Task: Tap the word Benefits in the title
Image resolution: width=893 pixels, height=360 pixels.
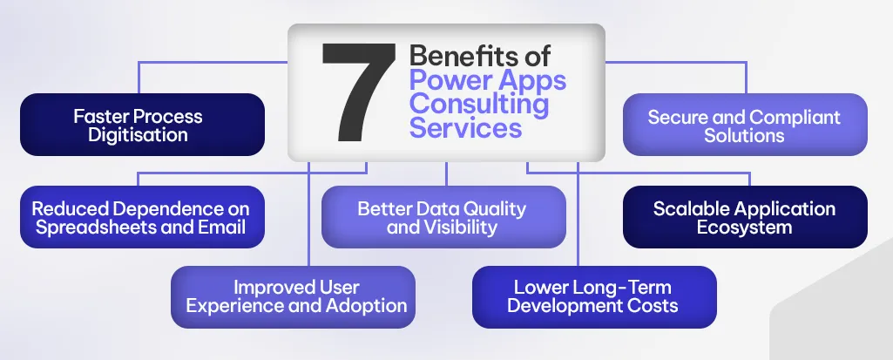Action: (456, 58)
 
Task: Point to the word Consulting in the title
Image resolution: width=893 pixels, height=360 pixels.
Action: (478, 105)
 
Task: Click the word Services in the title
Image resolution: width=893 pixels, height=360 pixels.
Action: (465, 128)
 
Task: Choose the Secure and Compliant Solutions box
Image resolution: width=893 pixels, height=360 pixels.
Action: (744, 126)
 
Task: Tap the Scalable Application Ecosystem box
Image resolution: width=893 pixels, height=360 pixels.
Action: (744, 217)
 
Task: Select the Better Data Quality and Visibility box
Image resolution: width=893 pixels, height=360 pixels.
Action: (443, 217)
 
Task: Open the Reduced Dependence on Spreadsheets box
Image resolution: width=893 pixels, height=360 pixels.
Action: (141, 217)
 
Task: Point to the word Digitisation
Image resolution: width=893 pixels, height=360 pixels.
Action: (138, 135)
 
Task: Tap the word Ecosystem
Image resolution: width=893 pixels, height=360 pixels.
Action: (744, 228)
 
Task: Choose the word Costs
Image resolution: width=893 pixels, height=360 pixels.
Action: (653, 306)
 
